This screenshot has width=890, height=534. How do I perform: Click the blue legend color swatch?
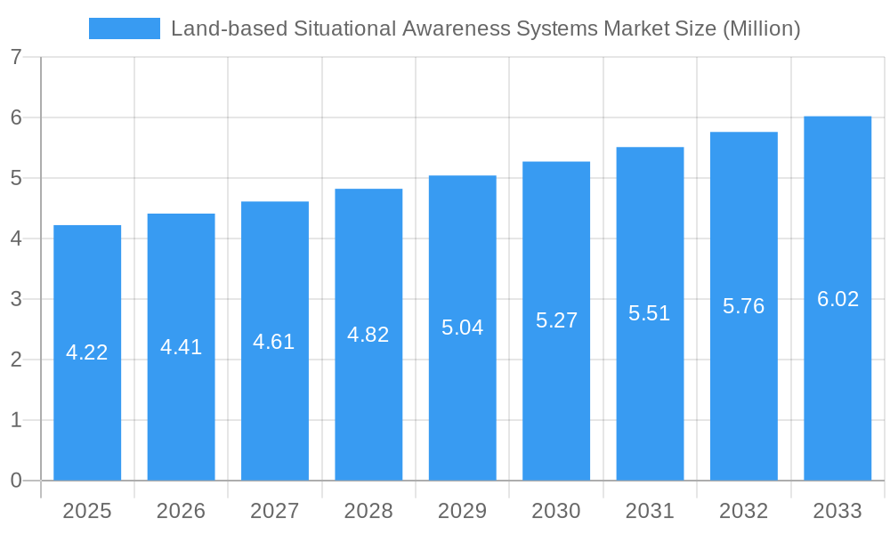(x=125, y=28)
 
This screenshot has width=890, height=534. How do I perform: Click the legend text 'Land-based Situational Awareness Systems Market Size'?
(x=485, y=28)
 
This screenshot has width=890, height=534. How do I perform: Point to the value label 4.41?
(x=181, y=347)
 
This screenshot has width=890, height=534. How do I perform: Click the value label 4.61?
(x=274, y=342)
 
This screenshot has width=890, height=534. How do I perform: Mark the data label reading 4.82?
(x=368, y=335)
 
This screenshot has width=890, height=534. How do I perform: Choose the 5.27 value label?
(x=556, y=320)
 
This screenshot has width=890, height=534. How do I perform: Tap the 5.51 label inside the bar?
(x=650, y=313)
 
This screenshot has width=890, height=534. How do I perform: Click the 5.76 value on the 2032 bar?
(x=743, y=306)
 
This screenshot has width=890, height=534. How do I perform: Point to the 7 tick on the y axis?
(x=16, y=57)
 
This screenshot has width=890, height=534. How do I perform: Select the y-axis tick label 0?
(x=16, y=481)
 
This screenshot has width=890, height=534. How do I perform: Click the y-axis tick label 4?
(x=16, y=239)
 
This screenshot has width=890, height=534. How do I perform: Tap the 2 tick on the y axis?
(x=16, y=360)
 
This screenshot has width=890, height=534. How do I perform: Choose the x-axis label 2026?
(x=181, y=511)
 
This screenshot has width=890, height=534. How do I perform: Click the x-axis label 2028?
(x=368, y=511)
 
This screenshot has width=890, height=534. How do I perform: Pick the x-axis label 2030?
(x=556, y=511)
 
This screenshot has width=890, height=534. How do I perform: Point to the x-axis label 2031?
(x=650, y=511)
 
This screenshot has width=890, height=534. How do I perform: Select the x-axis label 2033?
(x=837, y=511)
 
